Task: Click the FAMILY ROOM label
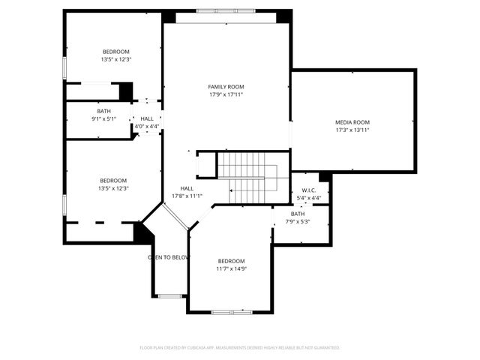(x=226, y=87)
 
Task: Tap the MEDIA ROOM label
(x=352, y=122)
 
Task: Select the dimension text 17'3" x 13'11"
(x=352, y=130)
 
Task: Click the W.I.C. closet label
(x=309, y=190)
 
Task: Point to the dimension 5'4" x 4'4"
(x=309, y=198)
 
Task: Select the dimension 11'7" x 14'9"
(x=231, y=268)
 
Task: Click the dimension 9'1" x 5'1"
(x=103, y=118)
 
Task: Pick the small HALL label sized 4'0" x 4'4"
(x=147, y=118)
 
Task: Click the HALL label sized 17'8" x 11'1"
(x=187, y=188)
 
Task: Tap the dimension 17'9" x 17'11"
(x=226, y=94)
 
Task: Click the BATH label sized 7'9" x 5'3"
(x=298, y=214)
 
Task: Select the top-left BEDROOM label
(x=115, y=52)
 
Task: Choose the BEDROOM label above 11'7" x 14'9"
(x=231, y=261)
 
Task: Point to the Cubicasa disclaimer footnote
(x=240, y=348)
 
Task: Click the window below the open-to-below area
(x=169, y=296)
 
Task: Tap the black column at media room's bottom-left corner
(x=325, y=177)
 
